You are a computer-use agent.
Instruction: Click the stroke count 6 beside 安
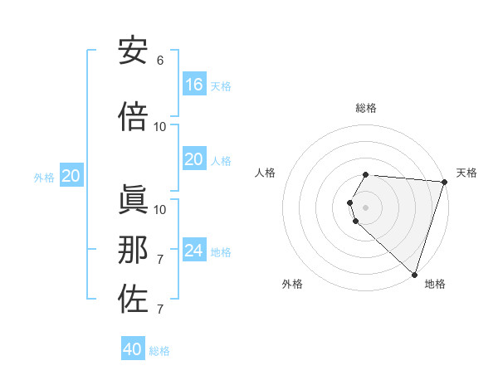tap(160, 61)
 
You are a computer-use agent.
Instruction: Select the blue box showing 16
tap(193, 85)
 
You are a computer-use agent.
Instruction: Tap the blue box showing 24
tap(193, 251)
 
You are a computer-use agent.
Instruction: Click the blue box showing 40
tap(133, 349)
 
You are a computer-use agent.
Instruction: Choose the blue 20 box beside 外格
tap(71, 176)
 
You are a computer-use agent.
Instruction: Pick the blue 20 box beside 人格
tap(193, 160)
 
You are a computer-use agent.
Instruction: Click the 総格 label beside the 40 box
tap(159, 351)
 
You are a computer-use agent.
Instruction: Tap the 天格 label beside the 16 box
tap(220, 86)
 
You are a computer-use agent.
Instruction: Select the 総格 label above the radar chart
tap(365, 108)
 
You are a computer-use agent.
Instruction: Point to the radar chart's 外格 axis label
tap(292, 284)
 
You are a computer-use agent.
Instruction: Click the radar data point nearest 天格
tap(444, 182)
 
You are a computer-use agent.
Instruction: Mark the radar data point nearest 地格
tap(414, 274)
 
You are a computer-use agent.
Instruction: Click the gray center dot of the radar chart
tap(365, 207)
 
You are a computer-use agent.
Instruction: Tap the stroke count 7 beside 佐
tap(160, 310)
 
